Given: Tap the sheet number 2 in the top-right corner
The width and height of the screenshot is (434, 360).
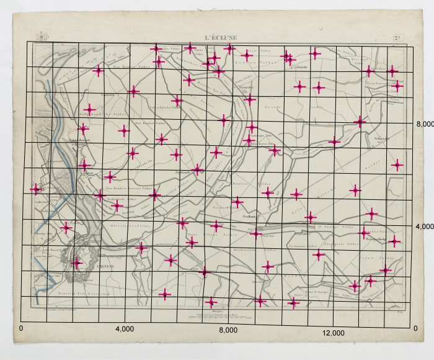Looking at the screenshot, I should (x=397, y=37).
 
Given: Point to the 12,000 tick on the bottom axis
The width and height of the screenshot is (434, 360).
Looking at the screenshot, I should (x=334, y=333).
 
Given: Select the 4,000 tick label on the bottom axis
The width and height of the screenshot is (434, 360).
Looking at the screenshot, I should (x=125, y=328).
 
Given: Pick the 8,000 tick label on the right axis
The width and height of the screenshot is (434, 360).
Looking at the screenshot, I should (x=425, y=125).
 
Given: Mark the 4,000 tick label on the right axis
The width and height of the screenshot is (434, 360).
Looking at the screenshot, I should (x=425, y=227).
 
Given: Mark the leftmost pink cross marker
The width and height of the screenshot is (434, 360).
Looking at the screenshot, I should (x=36, y=188).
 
